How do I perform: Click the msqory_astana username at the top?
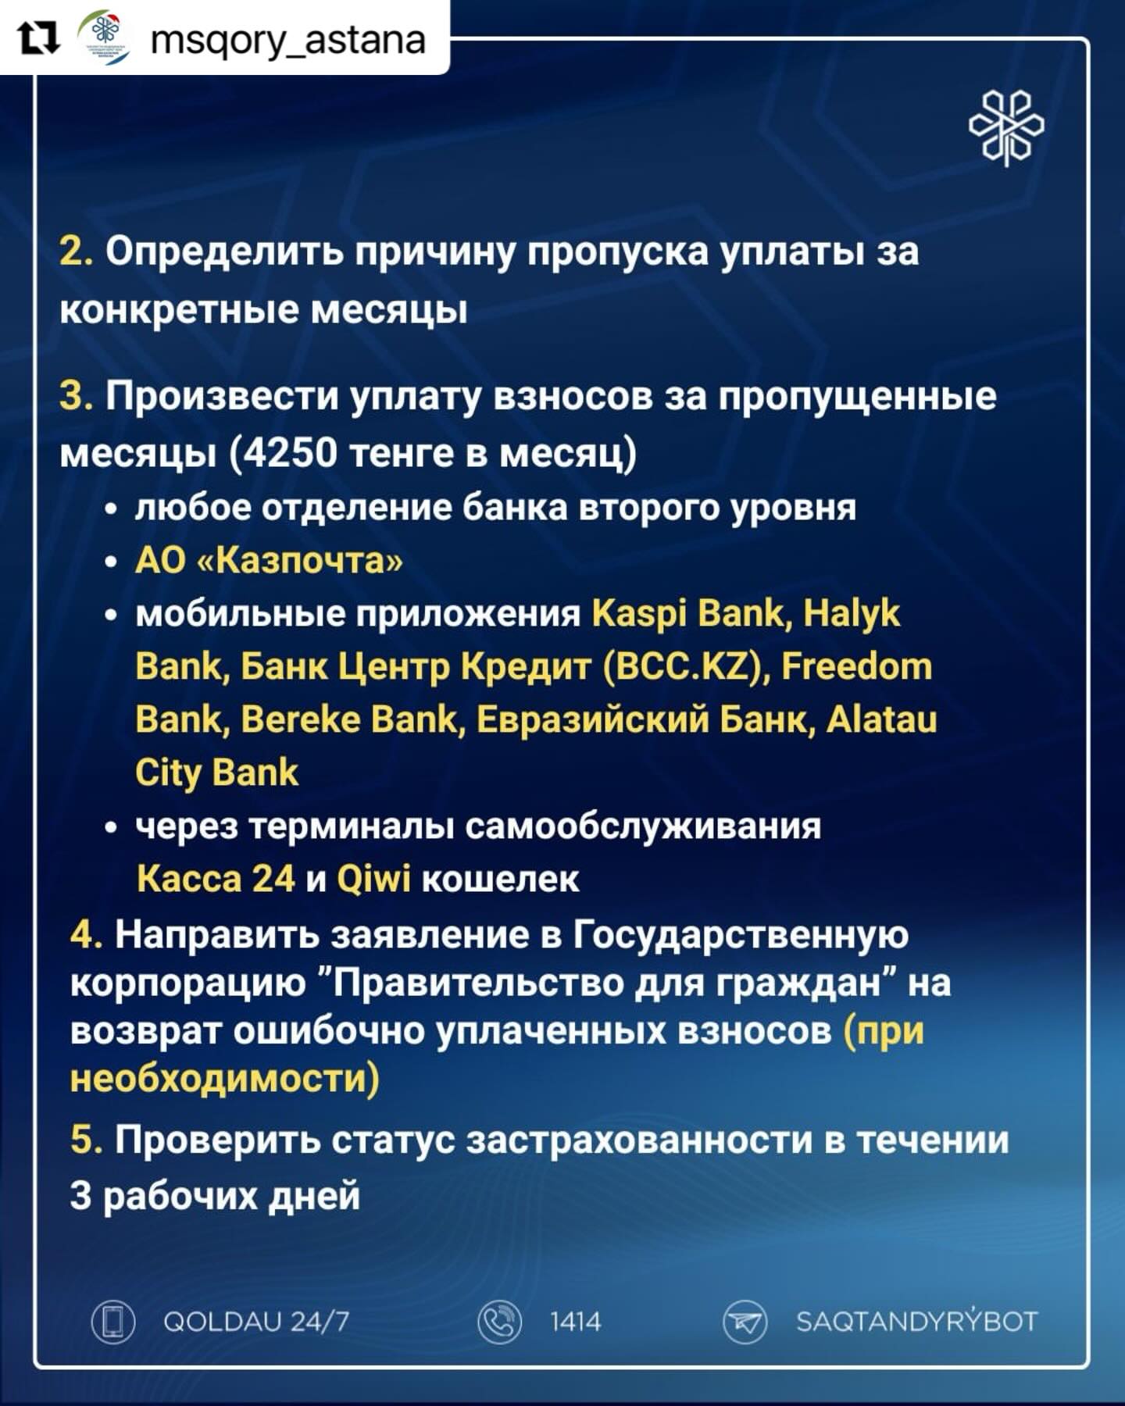(287, 39)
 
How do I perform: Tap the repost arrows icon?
(39, 38)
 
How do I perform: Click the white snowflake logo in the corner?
(1006, 127)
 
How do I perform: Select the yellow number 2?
(76, 252)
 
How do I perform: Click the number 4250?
(289, 452)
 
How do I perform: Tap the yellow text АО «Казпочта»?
(269, 560)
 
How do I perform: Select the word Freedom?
(857, 666)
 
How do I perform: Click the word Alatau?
(882, 719)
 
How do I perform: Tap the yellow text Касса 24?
(216, 879)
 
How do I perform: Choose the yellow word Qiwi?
(373, 880)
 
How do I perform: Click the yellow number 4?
(86, 934)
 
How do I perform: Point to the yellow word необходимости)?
(225, 1079)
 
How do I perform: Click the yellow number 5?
(86, 1140)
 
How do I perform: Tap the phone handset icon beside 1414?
(500, 1322)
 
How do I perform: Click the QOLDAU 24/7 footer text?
(256, 1322)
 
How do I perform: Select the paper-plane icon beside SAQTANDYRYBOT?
(745, 1322)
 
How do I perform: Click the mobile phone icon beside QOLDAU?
(114, 1322)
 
